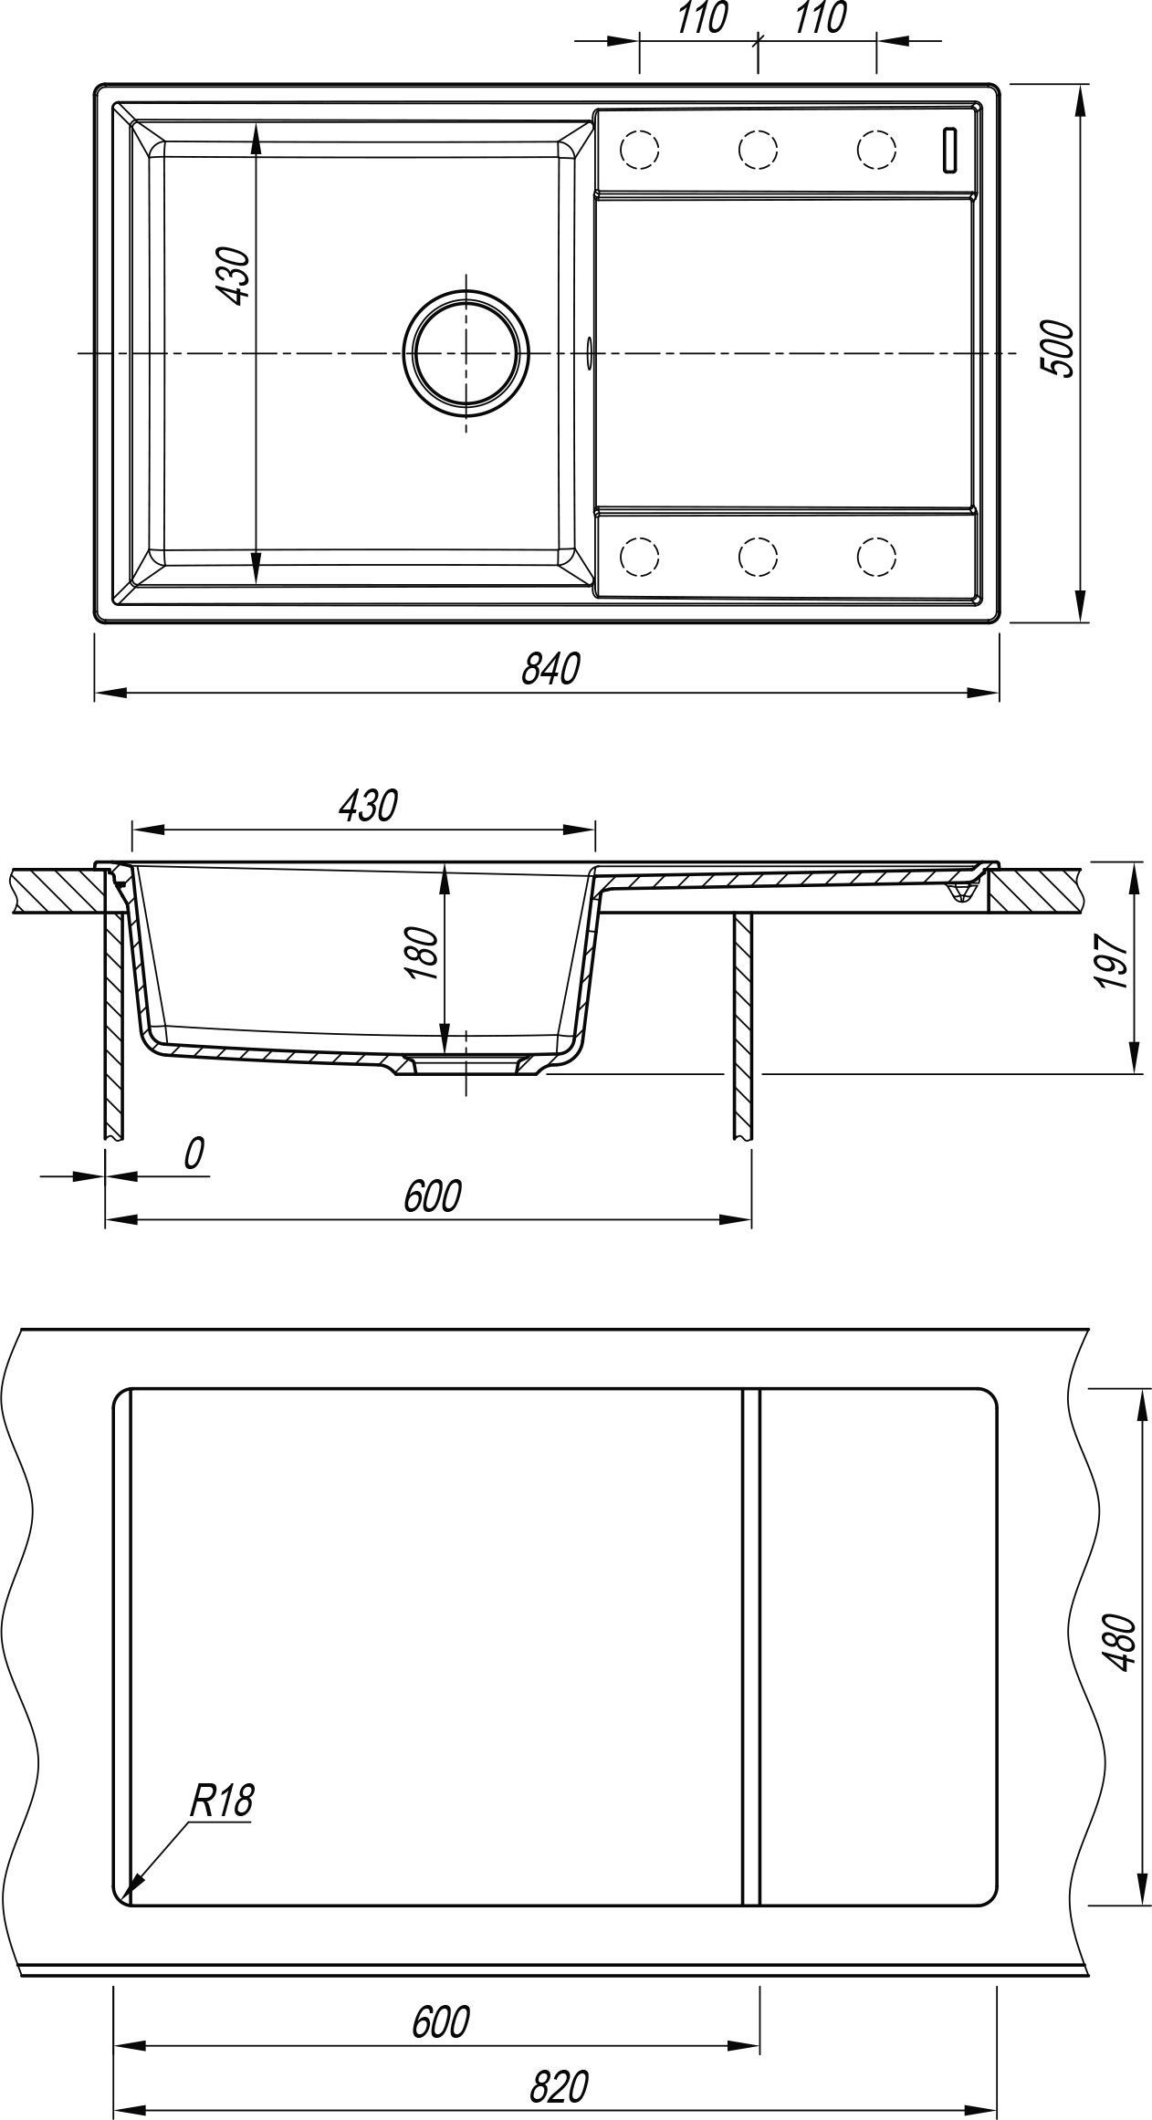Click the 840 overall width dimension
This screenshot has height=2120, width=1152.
pyautogui.click(x=550, y=670)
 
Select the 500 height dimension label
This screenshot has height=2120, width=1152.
pyautogui.click(x=1058, y=348)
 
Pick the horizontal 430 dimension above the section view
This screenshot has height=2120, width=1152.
pyautogui.click(x=368, y=805)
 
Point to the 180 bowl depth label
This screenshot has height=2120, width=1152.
pyautogui.click(x=422, y=954)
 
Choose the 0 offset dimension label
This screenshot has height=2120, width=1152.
pyautogui.click(x=193, y=1154)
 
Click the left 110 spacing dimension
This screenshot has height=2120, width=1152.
pyautogui.click(x=701, y=18)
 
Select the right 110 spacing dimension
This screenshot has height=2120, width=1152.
pyautogui.click(x=820, y=18)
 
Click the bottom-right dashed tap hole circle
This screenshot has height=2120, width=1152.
pyautogui.click(x=876, y=554)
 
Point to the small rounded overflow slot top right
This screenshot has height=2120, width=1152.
pyautogui.click(x=950, y=149)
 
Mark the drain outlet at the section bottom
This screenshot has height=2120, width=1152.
pyautogui.click(x=466, y=1064)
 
